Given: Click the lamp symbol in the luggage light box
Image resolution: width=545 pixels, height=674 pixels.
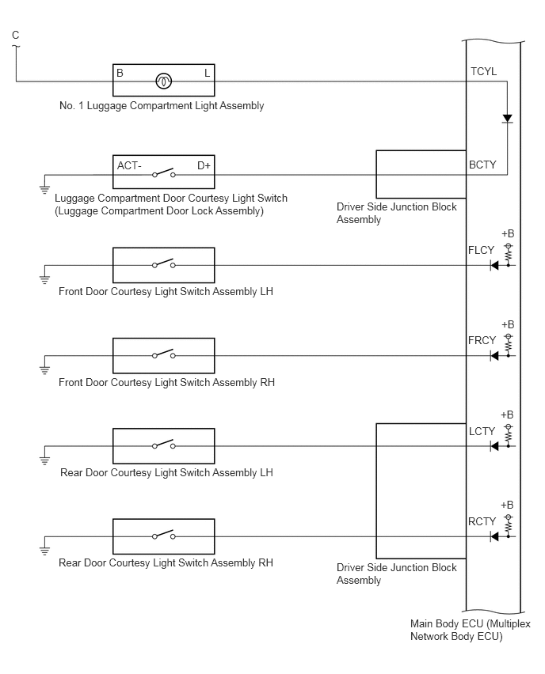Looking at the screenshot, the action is [164, 81].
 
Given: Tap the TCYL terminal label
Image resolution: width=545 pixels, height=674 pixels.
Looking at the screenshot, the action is [483, 71].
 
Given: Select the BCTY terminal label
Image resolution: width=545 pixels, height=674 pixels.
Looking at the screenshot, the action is [482, 165].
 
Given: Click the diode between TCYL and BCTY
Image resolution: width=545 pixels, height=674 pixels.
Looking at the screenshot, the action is [508, 119].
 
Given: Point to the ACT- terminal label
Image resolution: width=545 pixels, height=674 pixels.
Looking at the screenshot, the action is [129, 165].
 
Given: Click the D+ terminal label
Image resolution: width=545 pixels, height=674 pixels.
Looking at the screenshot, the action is [204, 165].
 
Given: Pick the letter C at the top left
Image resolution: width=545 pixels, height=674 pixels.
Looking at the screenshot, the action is [16, 36].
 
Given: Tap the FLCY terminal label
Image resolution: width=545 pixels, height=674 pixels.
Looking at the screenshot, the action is [482, 250].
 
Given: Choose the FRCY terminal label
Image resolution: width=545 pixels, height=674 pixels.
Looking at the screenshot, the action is [482, 340].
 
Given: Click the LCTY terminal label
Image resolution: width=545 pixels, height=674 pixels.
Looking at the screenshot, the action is [482, 431].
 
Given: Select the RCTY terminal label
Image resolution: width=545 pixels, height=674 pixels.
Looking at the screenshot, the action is [482, 521].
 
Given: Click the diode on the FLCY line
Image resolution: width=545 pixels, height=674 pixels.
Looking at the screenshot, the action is [494, 265].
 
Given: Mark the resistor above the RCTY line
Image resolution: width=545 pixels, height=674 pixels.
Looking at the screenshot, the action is [509, 524].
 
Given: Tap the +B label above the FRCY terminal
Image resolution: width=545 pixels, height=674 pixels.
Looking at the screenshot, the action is [508, 324].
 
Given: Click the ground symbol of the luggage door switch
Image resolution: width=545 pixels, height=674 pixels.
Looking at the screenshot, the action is [44, 189].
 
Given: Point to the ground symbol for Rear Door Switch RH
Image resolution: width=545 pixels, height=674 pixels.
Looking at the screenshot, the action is [44, 551].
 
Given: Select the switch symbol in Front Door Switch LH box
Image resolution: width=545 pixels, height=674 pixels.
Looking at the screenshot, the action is [164, 263].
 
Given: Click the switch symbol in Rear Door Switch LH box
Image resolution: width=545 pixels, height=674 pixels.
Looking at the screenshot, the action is [164, 445].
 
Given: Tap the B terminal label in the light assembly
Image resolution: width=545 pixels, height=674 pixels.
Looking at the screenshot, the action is [120, 73].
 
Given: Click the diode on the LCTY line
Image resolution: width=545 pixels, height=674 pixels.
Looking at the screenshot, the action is [494, 446].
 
